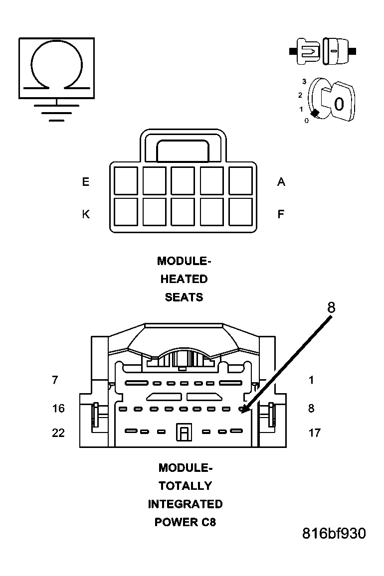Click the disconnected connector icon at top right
[323, 51]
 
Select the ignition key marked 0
[337, 102]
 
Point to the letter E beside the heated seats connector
[86, 182]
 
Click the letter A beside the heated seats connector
[281, 182]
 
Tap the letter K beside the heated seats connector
[86, 214]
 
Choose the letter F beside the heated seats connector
[281, 214]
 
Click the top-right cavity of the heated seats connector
[241, 180]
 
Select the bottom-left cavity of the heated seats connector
[126, 212]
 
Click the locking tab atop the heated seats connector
[183, 150]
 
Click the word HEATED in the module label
[184, 279]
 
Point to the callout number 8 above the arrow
[331, 308]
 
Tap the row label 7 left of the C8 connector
[55, 380]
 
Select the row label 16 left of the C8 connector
[58, 409]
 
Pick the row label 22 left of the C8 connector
[58, 432]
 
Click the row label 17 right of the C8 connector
[314, 432]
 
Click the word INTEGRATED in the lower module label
[185, 504]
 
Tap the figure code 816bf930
[334, 534]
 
